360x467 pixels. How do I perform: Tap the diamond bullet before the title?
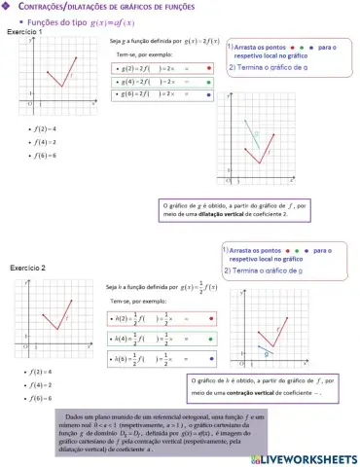[7, 8]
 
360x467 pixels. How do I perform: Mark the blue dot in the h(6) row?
[211, 358]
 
